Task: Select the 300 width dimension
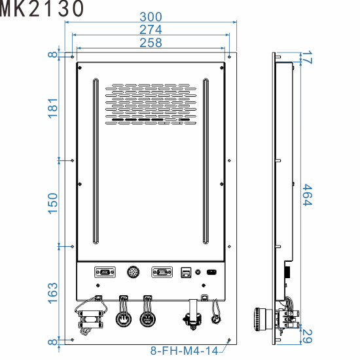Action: click(x=151, y=16)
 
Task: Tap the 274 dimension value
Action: click(x=151, y=29)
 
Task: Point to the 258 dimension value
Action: click(x=151, y=43)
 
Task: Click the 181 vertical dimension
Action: click(x=53, y=108)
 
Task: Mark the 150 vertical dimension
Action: click(x=53, y=202)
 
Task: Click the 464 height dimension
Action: click(x=307, y=195)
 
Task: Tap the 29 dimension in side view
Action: click(x=308, y=336)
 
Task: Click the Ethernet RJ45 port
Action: click(x=186, y=272)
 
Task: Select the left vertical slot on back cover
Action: click(x=95, y=160)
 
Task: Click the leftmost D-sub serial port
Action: click(x=103, y=272)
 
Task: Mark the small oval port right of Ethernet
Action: click(x=211, y=272)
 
